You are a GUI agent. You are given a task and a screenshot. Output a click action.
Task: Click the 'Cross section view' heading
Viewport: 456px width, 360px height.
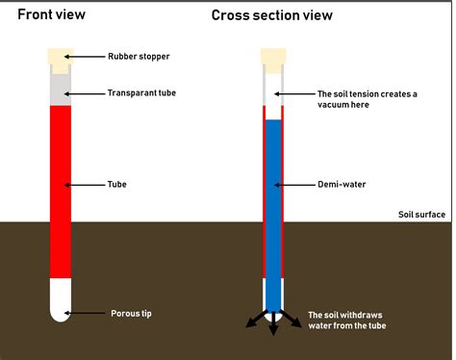[x=273, y=15]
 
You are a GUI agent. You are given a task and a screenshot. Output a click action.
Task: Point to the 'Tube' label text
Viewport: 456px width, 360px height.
[x=117, y=184]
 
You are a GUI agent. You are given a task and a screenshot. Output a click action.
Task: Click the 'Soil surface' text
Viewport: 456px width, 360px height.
[x=421, y=215]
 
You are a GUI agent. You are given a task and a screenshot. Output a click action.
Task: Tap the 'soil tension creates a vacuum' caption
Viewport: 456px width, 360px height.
[x=368, y=98]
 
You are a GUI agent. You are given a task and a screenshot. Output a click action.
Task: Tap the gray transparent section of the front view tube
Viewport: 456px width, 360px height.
[x=60, y=90]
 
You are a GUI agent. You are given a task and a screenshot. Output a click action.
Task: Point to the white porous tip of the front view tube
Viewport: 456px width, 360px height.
[x=60, y=301]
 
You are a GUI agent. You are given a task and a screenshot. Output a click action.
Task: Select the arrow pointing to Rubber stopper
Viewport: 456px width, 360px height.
[x=88, y=57]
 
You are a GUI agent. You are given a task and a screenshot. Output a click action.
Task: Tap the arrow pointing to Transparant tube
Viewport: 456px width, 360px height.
[x=88, y=93]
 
